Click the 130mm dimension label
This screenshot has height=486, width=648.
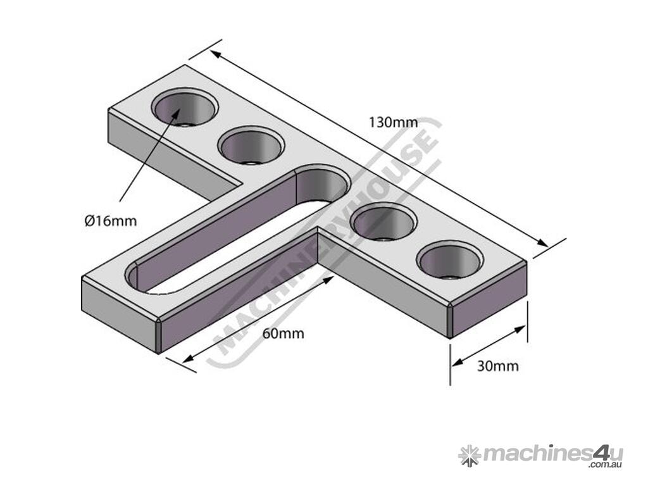390,122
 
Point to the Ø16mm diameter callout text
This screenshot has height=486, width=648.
111,221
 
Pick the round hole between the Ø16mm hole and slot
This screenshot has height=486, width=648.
251,146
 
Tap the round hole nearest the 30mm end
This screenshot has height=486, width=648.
450,261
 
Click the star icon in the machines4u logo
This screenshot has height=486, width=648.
469,454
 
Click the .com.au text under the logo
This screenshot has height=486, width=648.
605,465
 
